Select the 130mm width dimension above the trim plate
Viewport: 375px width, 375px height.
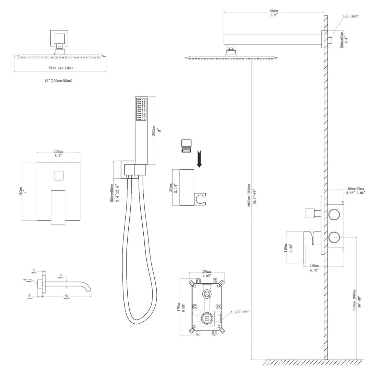(59, 151)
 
